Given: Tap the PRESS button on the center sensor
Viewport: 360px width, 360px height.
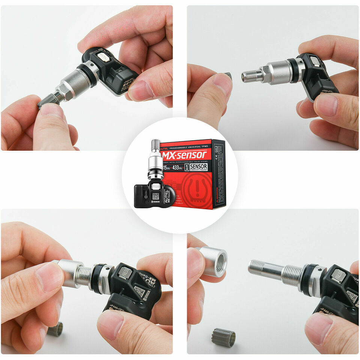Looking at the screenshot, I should tap(156, 186).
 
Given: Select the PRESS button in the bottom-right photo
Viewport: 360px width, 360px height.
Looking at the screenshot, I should tap(338, 276).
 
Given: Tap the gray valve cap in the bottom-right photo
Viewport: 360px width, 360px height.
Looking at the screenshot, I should tap(223, 337).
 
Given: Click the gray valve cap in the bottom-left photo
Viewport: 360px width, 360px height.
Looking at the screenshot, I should tap(55, 329).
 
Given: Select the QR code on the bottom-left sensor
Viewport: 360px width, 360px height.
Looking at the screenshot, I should tap(139, 292).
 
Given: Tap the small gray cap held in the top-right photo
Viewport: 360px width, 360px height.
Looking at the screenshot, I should tap(228, 76).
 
